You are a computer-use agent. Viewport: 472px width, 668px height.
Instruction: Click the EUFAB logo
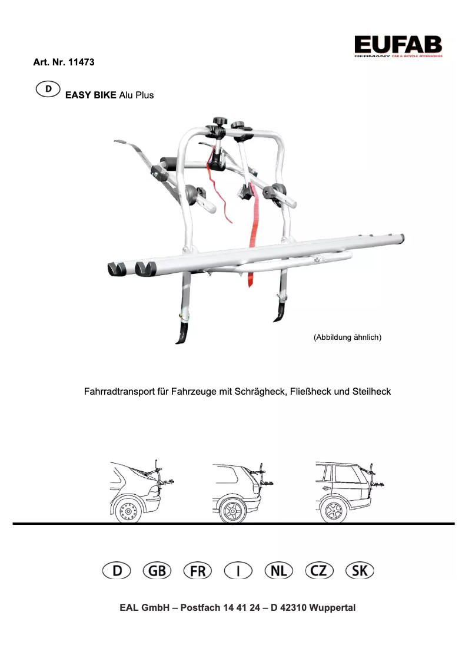[x=398, y=45]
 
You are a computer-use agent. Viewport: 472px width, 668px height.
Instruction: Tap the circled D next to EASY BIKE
[x=48, y=90]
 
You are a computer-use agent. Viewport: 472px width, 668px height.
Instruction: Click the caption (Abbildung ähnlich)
[x=348, y=338]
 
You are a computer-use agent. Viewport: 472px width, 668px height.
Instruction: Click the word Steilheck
[x=371, y=391]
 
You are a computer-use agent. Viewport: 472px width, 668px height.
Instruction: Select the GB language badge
[x=157, y=571]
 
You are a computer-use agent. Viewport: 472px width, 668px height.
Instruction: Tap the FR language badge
[x=198, y=571]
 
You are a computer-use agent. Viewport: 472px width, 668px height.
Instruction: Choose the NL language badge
[x=279, y=571]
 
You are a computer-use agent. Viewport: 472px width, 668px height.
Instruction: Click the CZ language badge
[x=320, y=571]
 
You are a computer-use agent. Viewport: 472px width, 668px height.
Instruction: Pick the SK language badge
[x=360, y=571]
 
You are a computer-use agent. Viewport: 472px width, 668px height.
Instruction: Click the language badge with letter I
[x=238, y=571]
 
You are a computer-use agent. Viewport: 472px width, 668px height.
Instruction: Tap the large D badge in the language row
[x=117, y=571]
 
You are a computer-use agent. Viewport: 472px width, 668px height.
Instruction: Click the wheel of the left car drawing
[x=125, y=511]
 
